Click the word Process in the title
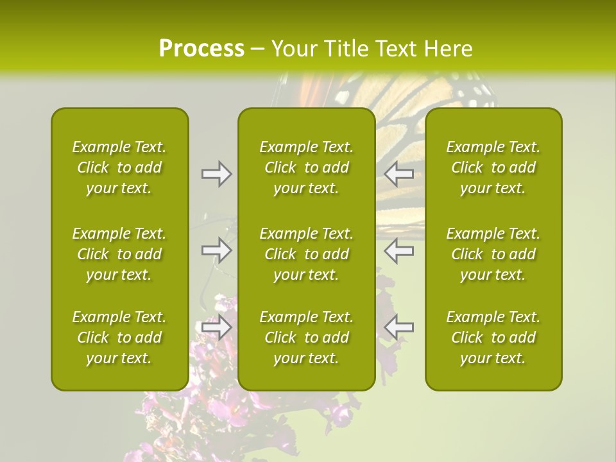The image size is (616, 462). tap(201, 49)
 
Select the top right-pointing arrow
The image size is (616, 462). tap(216, 174)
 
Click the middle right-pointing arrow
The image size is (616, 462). tap(216, 250)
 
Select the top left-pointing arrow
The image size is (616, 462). tap(398, 174)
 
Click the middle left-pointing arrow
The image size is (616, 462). tap(398, 250)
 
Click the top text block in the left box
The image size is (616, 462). tap(119, 167)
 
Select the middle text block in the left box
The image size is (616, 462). tap(119, 254)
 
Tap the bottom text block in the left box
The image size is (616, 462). tap(119, 338)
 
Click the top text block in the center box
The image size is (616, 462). tap(306, 167)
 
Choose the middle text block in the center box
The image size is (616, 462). tap(306, 254)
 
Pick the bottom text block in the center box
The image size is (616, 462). tap(306, 338)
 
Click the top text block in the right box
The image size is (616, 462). tap(493, 167)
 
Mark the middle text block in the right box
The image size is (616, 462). tap(493, 254)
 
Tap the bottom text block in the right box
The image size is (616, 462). tap(493, 338)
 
